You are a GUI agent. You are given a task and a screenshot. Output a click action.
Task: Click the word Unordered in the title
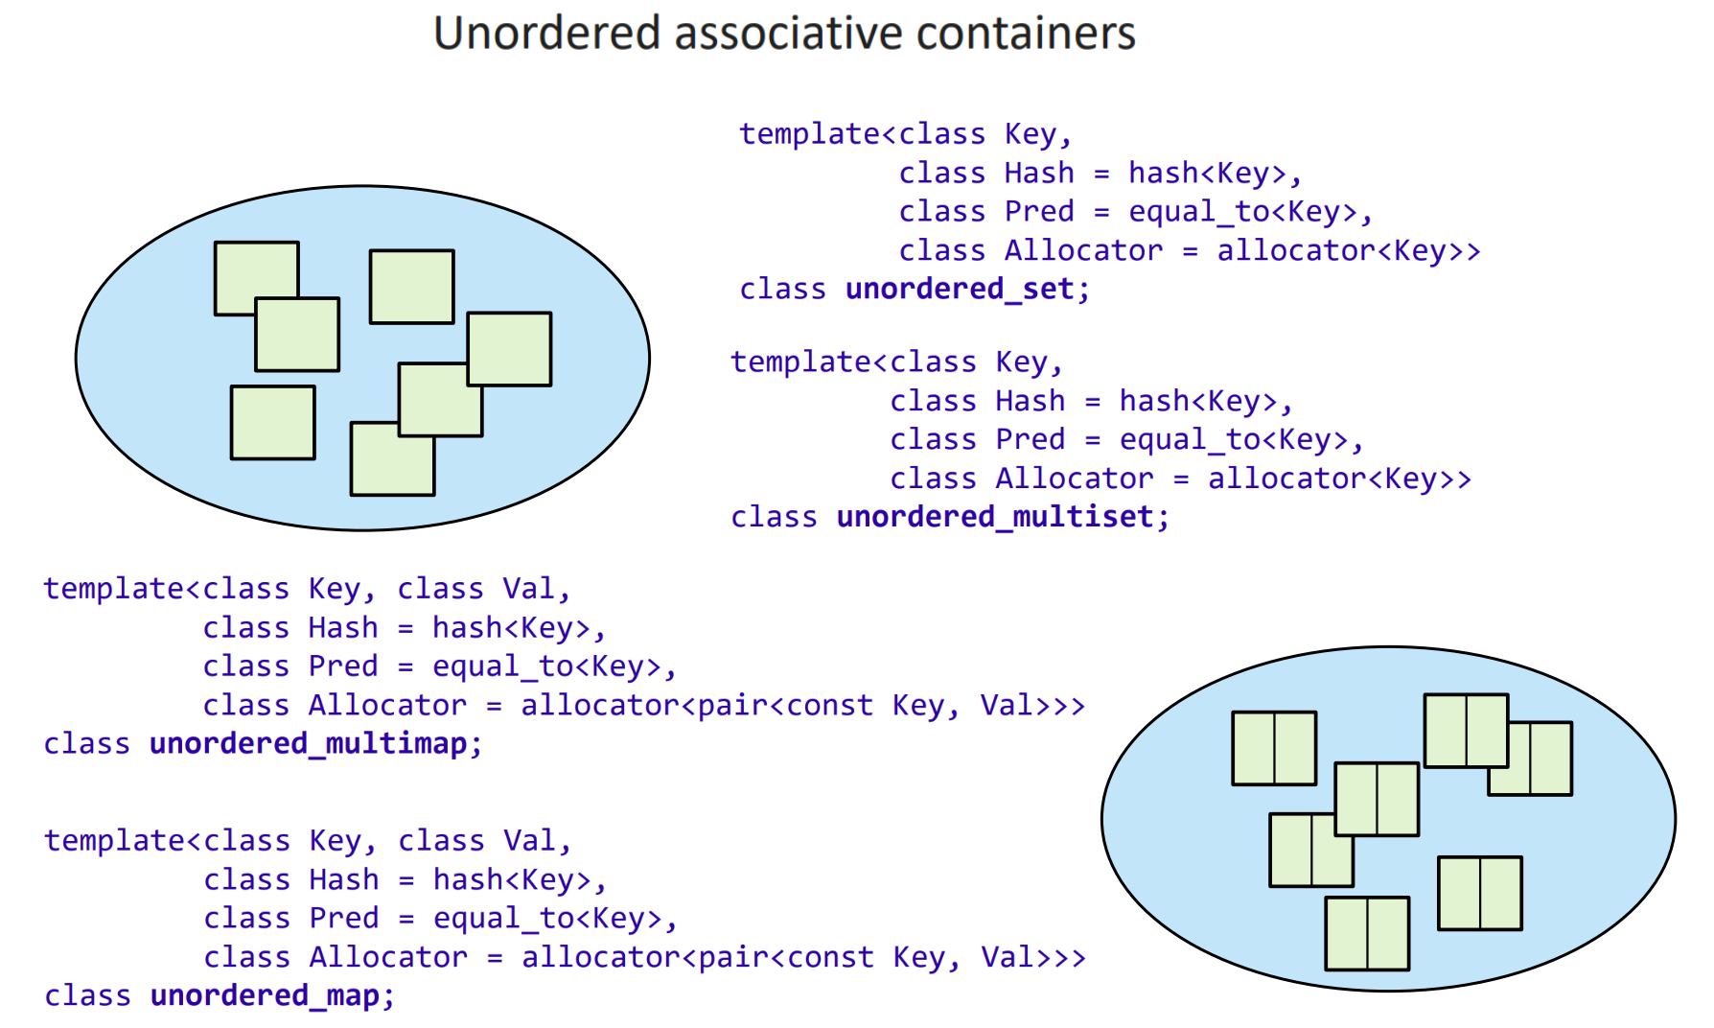point(547,34)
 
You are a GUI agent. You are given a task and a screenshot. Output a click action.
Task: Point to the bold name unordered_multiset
point(995,517)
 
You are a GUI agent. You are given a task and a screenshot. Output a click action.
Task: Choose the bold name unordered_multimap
point(308,744)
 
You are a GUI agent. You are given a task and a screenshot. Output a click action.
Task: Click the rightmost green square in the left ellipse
point(509,349)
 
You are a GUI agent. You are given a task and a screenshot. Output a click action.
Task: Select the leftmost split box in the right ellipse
point(1274,748)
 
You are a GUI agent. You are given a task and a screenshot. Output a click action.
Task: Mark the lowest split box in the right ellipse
point(1367,933)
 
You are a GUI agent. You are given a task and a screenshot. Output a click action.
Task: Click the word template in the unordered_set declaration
point(801,134)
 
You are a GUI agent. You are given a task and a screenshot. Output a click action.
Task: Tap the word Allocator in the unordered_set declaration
point(1083,250)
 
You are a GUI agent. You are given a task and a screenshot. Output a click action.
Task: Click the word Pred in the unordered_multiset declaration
point(1030,439)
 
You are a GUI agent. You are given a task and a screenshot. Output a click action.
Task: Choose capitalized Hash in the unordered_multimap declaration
point(343,628)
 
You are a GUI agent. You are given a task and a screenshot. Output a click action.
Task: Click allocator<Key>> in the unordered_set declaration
point(1348,250)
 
